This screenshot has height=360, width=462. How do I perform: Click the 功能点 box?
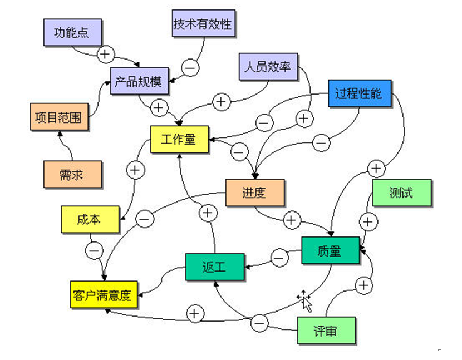(x=73, y=32)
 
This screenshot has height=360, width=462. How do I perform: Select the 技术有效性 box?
(x=201, y=24)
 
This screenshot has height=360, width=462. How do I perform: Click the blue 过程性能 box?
(x=359, y=94)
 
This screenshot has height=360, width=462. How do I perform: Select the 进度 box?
(x=254, y=193)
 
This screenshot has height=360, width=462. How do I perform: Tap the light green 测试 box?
(x=401, y=193)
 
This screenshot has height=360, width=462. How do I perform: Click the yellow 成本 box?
(x=89, y=219)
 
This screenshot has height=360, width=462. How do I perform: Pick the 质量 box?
(x=330, y=250)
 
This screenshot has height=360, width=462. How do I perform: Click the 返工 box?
(x=215, y=268)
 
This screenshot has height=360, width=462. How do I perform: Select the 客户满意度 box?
(x=104, y=295)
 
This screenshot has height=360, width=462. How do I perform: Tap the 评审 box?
(x=326, y=331)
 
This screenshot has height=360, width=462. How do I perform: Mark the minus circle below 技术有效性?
(x=190, y=68)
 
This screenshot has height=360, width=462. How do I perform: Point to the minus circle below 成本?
(x=94, y=250)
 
